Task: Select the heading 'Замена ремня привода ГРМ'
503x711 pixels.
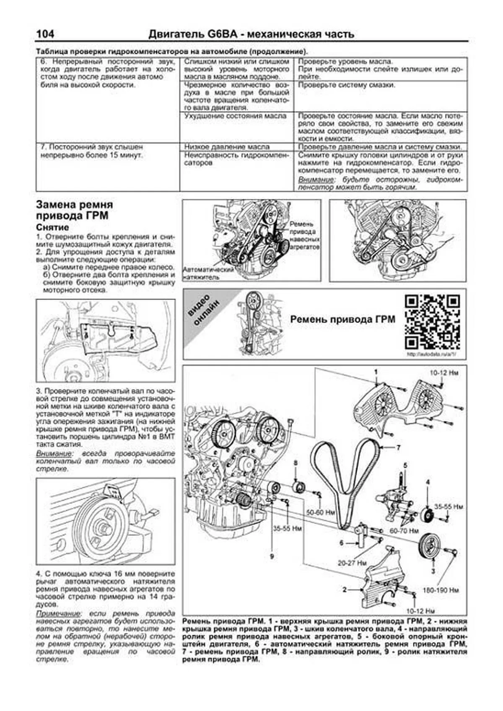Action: point(75,210)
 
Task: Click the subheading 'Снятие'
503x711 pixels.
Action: point(52,228)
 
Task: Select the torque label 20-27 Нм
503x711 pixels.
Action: point(352,563)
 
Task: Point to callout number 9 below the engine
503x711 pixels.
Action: point(272,556)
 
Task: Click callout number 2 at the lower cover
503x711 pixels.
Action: point(345,589)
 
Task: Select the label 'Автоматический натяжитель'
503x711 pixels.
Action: point(208,273)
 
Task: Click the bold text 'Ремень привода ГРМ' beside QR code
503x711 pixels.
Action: point(342,320)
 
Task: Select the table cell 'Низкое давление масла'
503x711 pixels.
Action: point(226,147)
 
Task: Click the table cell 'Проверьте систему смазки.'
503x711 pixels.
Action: point(346,85)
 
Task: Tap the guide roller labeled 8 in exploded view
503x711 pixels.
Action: point(299,487)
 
